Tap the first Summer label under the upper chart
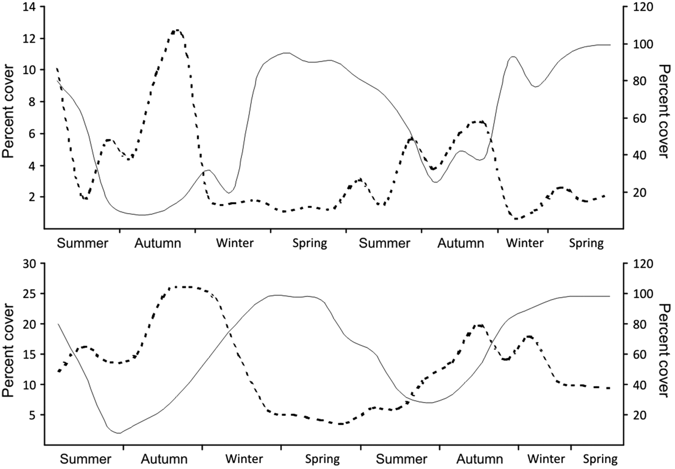(82, 243)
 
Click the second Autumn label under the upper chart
(460, 243)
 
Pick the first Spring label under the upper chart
(310, 243)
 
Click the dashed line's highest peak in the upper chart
(177, 30)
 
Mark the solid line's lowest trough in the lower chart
(119, 433)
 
